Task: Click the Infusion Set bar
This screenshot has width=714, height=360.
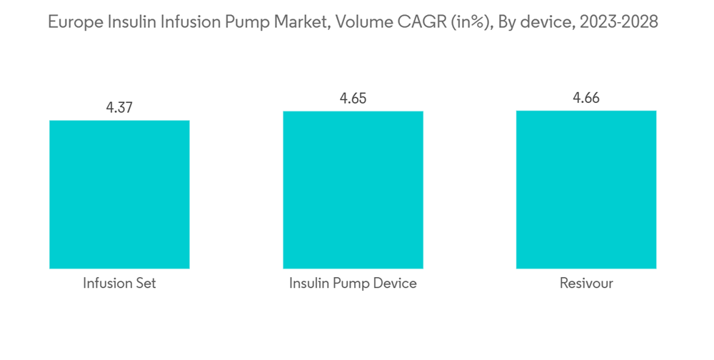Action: (119, 194)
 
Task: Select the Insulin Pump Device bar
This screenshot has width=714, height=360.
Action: (353, 190)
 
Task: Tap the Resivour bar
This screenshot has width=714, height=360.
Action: (586, 189)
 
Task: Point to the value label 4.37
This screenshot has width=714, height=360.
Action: (119, 108)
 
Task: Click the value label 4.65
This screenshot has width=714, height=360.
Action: (353, 99)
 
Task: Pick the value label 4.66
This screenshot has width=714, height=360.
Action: (586, 98)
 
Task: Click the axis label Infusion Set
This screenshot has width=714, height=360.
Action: (119, 284)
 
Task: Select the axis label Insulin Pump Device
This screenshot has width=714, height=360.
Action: (353, 284)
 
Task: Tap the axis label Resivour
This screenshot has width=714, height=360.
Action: (586, 284)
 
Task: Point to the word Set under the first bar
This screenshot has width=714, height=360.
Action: (145, 284)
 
